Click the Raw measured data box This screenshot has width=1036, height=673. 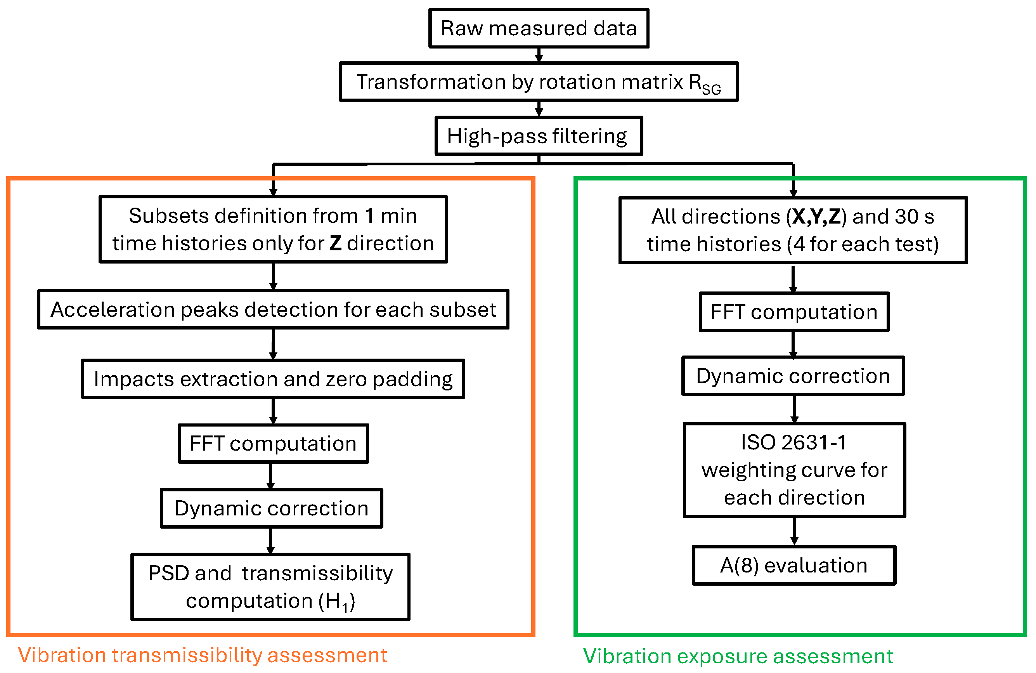point(539,28)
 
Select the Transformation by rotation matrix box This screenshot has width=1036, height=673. point(539,82)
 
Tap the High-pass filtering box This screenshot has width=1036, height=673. point(539,136)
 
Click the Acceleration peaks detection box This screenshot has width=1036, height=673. point(274,309)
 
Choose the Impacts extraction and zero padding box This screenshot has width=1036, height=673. point(274,379)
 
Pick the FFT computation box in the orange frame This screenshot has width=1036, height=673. point(274,444)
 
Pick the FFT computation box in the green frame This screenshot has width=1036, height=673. point(794,312)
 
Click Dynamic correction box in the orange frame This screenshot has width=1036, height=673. point(272,508)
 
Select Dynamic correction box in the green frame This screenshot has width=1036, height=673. point(793,376)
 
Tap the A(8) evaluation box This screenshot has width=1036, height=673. point(794,565)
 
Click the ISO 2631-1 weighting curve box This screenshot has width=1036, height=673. point(794,470)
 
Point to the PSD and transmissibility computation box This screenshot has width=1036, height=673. point(270,587)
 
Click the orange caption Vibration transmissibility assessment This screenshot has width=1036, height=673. point(203,655)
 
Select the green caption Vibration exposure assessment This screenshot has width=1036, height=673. point(738,656)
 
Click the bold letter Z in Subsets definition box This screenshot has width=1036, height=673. point(336,243)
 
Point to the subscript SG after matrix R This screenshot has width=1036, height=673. point(711,89)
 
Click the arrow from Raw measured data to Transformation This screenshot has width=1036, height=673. point(539,55)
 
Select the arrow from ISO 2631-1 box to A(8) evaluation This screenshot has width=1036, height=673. point(794,531)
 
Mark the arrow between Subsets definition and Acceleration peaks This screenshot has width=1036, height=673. point(274,276)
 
